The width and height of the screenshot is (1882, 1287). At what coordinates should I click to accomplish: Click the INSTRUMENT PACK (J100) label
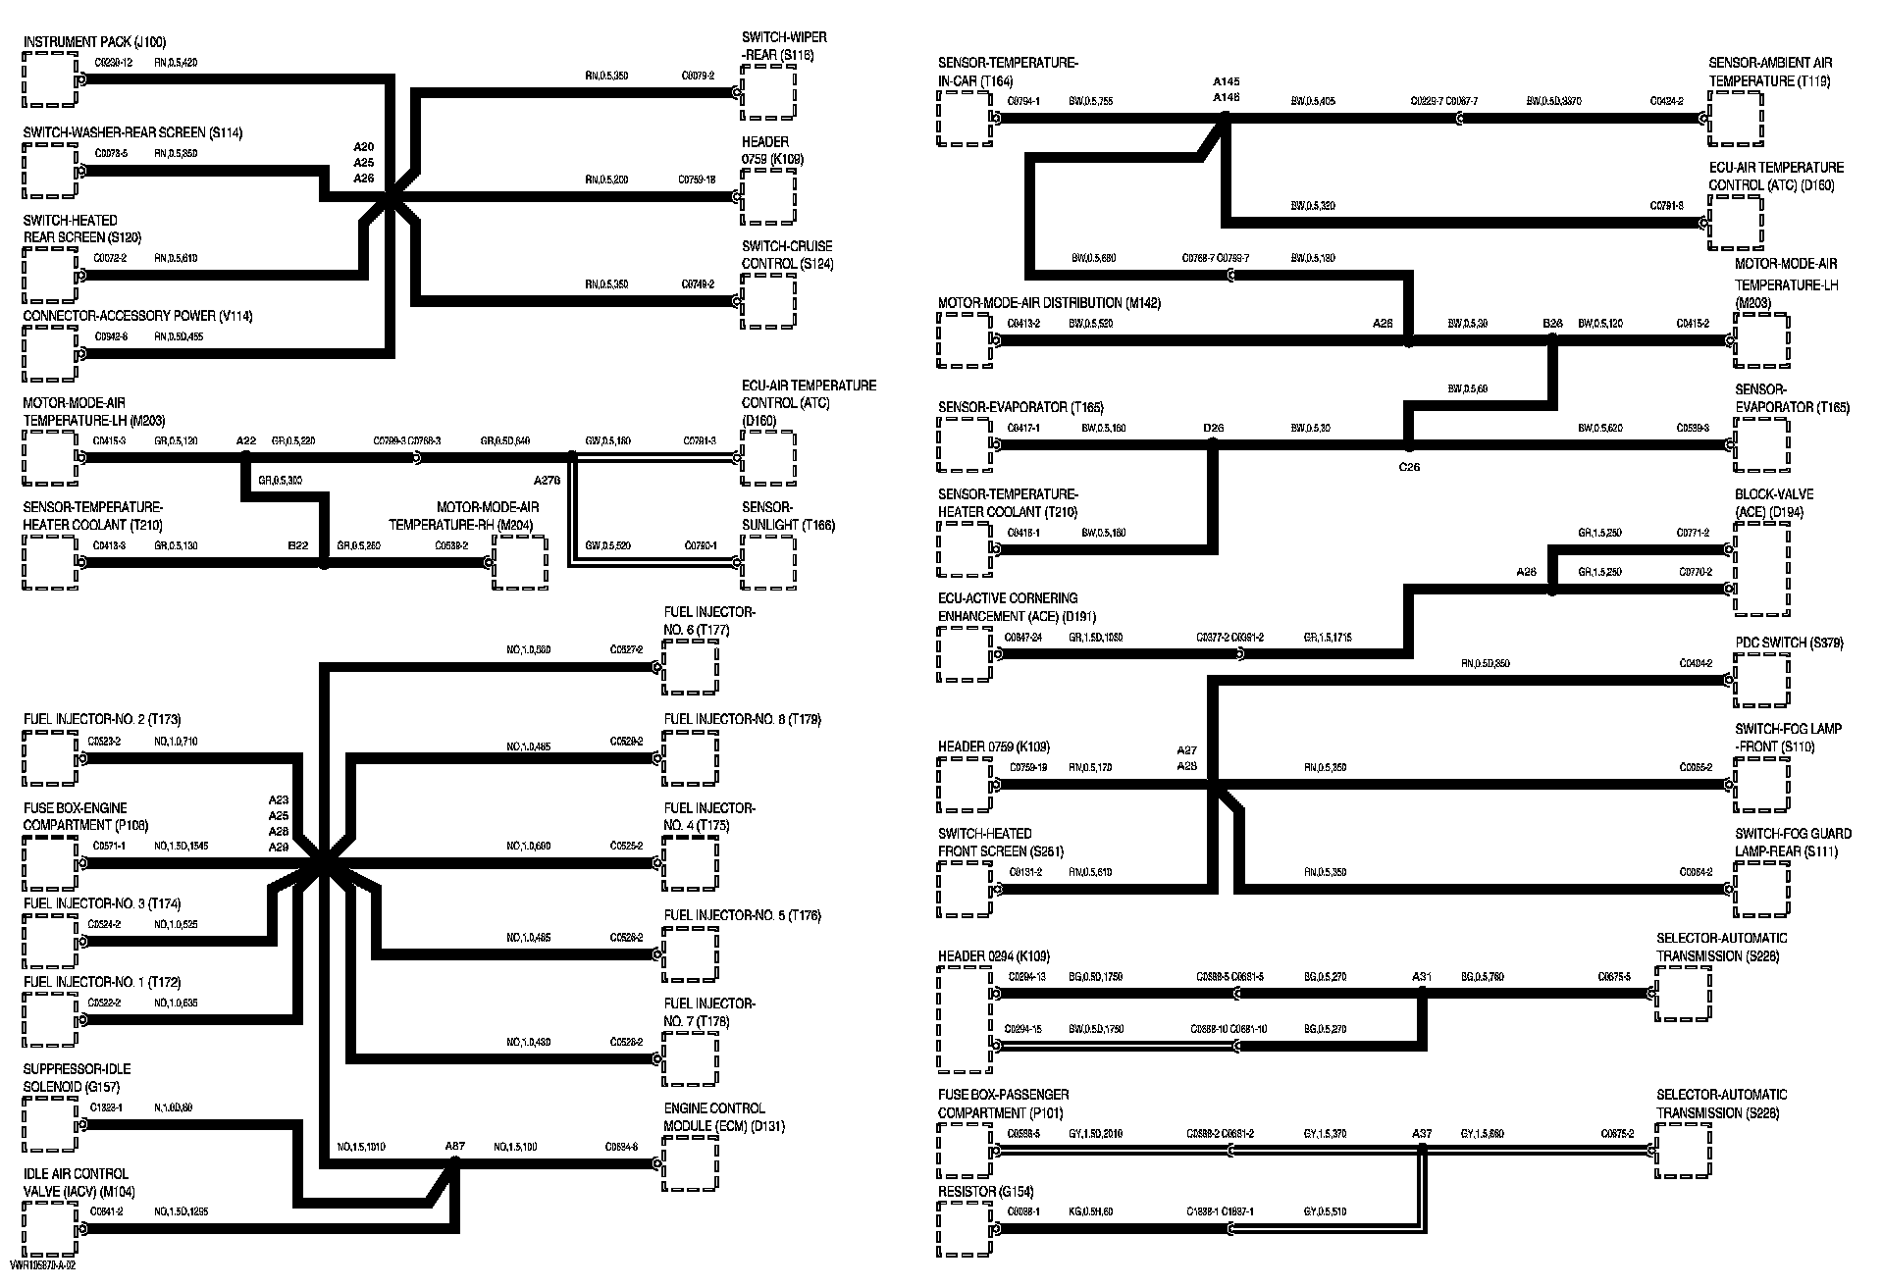click(x=94, y=42)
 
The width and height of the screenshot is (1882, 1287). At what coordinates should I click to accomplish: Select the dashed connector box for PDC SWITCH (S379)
click(x=1761, y=679)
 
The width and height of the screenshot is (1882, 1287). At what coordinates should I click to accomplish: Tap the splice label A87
click(x=454, y=1146)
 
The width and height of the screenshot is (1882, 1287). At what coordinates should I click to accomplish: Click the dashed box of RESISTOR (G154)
click(x=965, y=1228)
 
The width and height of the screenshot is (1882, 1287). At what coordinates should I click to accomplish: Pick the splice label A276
click(x=547, y=481)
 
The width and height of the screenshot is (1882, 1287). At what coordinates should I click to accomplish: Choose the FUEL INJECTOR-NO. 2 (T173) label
click(x=102, y=719)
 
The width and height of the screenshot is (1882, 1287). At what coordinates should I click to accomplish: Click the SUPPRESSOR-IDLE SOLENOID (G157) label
click(x=77, y=1078)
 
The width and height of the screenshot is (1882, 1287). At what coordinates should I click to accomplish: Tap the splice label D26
click(x=1213, y=428)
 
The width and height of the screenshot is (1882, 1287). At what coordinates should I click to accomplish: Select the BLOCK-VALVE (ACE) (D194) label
click(x=1774, y=503)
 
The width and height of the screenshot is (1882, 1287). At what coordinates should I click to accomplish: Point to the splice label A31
click(x=1422, y=977)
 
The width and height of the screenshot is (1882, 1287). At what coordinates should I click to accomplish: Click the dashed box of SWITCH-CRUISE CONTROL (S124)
click(x=768, y=301)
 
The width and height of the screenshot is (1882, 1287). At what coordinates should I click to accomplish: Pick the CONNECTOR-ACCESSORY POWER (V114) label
click(x=137, y=316)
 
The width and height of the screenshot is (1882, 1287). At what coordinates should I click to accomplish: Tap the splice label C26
click(x=1409, y=467)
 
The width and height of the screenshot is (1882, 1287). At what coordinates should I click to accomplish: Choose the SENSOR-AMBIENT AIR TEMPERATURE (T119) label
click(x=1770, y=72)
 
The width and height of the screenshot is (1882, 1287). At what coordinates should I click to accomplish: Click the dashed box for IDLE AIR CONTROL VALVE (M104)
click(x=49, y=1231)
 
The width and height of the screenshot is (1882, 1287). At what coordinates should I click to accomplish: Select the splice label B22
click(x=297, y=545)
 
